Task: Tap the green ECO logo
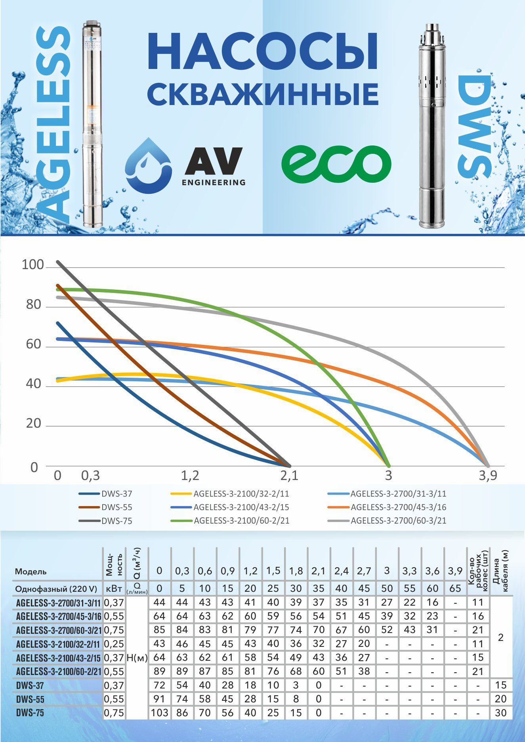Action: [336, 163]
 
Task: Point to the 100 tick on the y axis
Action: [32, 265]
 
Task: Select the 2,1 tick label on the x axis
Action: [290, 475]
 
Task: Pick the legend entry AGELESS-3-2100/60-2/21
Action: [241, 521]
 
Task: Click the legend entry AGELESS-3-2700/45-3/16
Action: [399, 507]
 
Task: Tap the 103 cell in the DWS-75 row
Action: [159, 713]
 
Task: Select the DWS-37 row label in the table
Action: [30, 685]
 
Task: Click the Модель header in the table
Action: [31, 572]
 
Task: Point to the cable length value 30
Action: [501, 713]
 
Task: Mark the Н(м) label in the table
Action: [137, 658]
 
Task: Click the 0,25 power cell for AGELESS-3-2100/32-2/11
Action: [114, 644]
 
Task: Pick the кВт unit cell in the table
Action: [114, 588]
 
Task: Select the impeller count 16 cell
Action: [478, 616]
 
